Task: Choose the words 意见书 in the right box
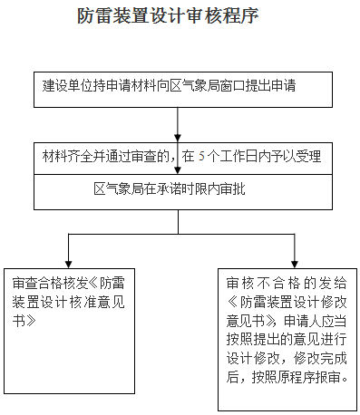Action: point(246,320)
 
